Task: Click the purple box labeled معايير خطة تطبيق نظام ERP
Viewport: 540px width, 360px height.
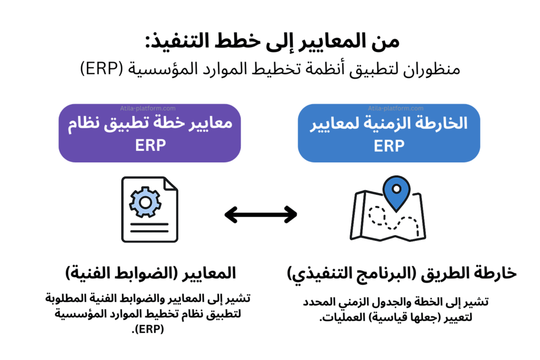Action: [x=150, y=133]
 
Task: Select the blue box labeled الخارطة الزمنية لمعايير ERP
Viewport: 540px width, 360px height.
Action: [x=389, y=133]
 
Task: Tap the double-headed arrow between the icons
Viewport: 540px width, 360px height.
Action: [x=261, y=214]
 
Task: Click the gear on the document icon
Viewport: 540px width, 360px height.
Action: [x=144, y=202]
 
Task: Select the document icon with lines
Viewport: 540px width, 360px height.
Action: [x=149, y=209]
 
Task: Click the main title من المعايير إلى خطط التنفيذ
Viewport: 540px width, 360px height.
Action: [x=269, y=42]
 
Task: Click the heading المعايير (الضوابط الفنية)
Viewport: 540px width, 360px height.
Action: [x=150, y=274]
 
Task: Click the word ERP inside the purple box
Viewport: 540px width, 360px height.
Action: [x=150, y=145]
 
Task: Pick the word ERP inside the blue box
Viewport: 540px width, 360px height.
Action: [x=389, y=146]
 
